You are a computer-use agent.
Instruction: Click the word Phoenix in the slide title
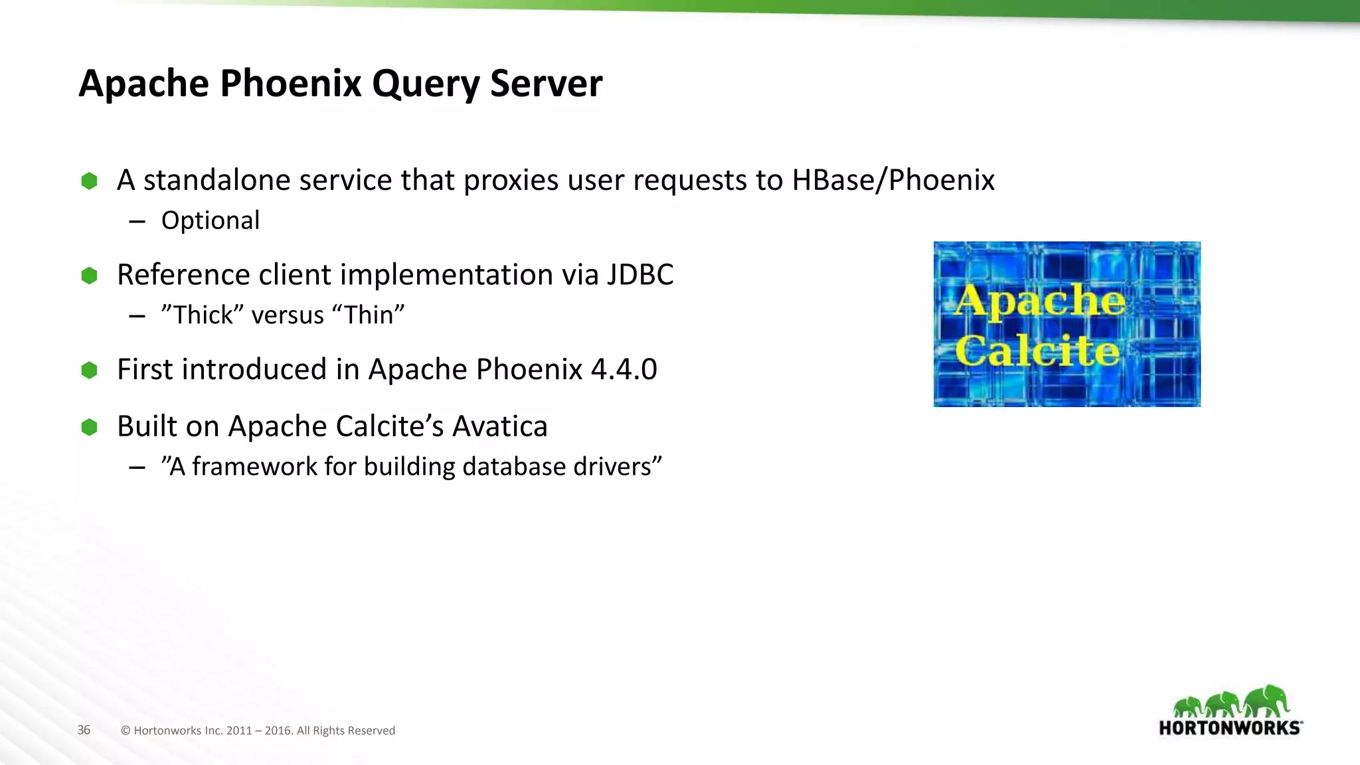pyautogui.click(x=290, y=84)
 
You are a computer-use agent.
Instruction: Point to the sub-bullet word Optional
pyautogui.click(x=210, y=220)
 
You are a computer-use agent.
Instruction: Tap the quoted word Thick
pyautogui.click(x=203, y=315)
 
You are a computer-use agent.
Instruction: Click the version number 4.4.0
pyautogui.click(x=624, y=369)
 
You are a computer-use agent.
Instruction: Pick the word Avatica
pyautogui.click(x=499, y=426)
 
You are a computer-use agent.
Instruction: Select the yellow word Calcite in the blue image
pyautogui.click(x=1037, y=351)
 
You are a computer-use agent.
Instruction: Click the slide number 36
pyautogui.click(x=84, y=730)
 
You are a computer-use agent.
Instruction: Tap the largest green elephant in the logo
pyautogui.click(x=1266, y=701)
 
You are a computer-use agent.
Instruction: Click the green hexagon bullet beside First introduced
pyautogui.click(x=89, y=370)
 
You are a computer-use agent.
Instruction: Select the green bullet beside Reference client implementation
pyautogui.click(x=89, y=276)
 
